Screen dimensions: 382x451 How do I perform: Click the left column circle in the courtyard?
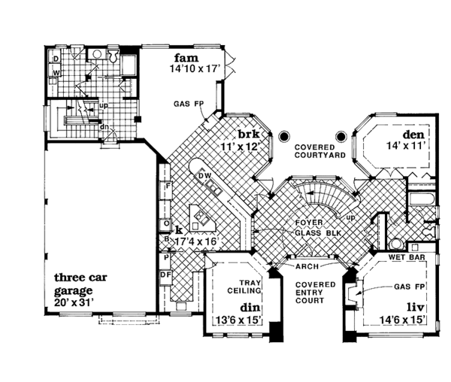coord(284,137)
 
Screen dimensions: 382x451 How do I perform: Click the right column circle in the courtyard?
coord(341,137)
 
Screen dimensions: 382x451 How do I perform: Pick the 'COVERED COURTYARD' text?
coord(319,151)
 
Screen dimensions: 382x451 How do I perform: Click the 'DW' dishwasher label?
coord(204,176)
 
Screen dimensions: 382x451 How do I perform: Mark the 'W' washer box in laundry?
coord(56,73)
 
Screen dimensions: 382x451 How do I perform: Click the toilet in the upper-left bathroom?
coord(113,57)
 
